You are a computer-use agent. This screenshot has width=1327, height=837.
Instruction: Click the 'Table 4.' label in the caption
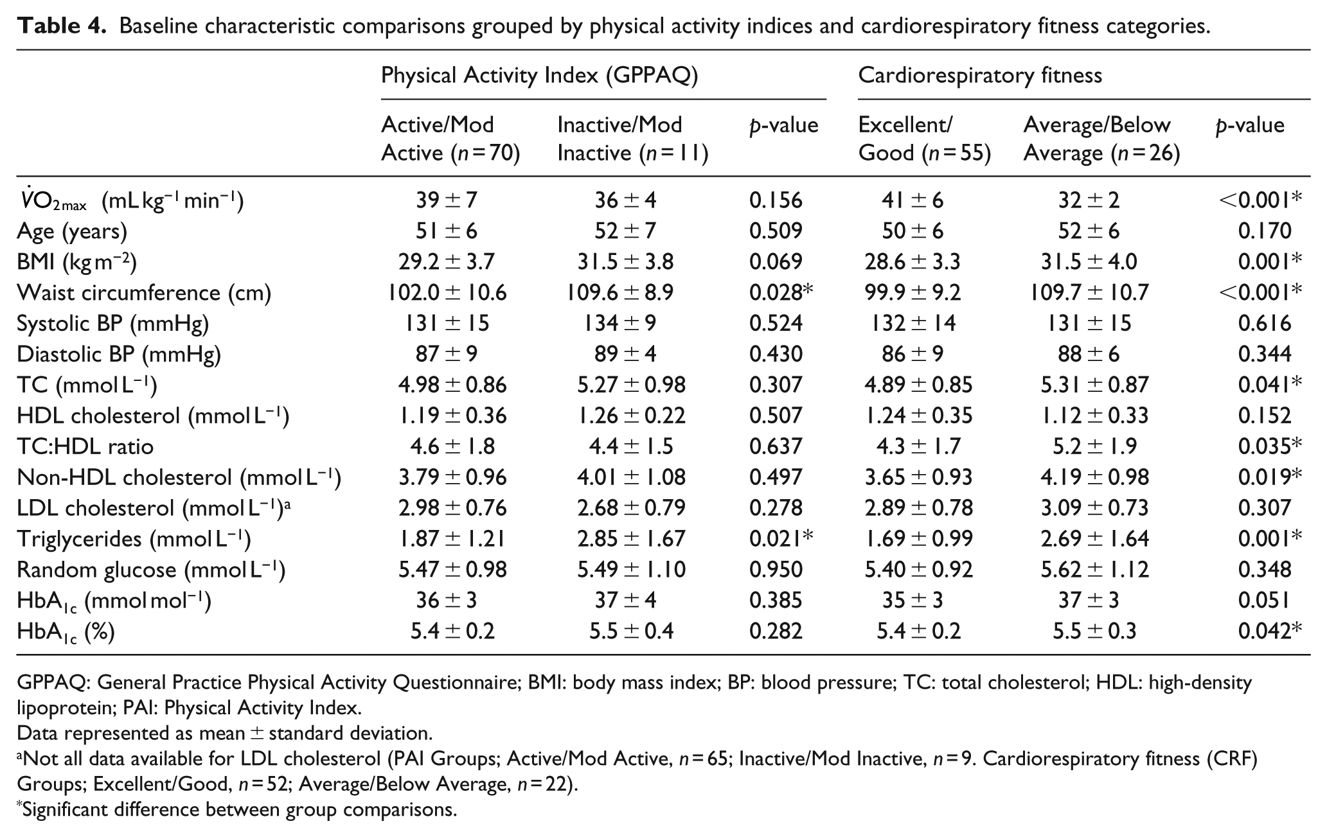click(x=61, y=26)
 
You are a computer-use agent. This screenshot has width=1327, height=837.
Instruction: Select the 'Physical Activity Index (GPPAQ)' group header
click(x=539, y=76)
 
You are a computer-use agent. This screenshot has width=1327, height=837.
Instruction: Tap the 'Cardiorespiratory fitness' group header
click(x=980, y=76)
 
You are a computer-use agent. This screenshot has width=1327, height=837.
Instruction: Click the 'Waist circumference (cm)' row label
click(x=144, y=293)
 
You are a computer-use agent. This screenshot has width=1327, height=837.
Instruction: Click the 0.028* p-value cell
click(x=781, y=292)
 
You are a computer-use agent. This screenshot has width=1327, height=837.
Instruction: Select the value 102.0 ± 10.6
click(x=447, y=293)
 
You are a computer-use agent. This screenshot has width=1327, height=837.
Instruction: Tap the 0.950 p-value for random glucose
click(x=776, y=570)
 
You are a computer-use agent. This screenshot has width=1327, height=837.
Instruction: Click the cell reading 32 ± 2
click(x=1089, y=200)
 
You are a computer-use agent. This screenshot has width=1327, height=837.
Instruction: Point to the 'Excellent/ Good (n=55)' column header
click(x=925, y=139)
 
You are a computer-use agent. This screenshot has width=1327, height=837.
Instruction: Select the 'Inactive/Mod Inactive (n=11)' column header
click(x=632, y=139)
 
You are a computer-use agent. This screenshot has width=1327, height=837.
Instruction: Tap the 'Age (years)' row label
click(x=72, y=231)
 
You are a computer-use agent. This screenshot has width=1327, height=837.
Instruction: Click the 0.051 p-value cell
click(x=1265, y=601)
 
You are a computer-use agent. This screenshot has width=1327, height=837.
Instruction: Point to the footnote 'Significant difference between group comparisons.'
click(x=237, y=809)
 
